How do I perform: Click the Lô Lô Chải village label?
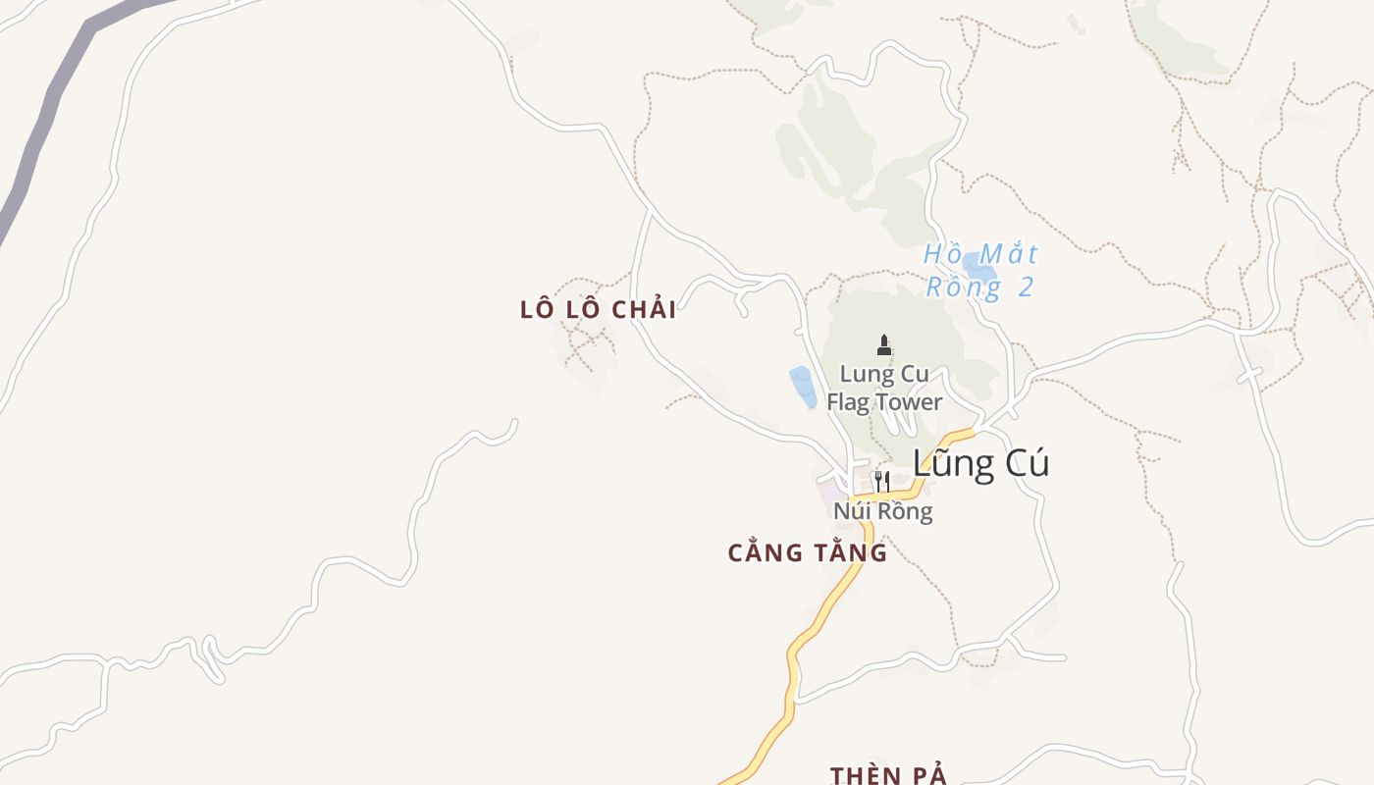click(x=598, y=309)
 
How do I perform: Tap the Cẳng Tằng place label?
click(x=807, y=552)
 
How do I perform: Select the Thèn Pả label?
click(x=888, y=775)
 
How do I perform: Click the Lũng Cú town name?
click(x=979, y=463)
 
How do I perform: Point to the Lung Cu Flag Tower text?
click(x=883, y=388)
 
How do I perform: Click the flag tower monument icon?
click(x=884, y=344)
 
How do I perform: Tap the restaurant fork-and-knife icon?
click(x=881, y=481)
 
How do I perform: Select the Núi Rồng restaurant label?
click(x=882, y=511)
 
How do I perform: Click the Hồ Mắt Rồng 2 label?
click(x=979, y=271)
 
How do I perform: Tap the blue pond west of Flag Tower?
click(x=803, y=387)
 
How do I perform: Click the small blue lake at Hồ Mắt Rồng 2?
click(x=978, y=264)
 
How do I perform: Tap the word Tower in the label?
click(x=910, y=401)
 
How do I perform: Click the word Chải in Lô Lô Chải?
click(x=644, y=309)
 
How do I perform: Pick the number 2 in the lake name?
click(x=1026, y=288)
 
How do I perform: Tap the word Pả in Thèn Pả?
click(x=927, y=775)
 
